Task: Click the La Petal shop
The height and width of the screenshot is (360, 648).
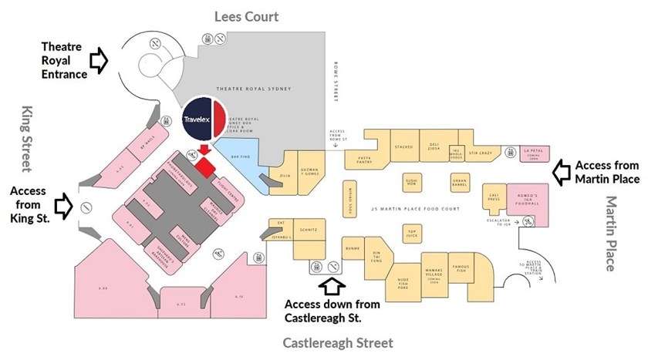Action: coord(529,153)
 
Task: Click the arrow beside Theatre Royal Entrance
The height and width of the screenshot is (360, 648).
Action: coord(100,59)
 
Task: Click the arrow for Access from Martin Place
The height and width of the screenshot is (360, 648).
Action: coord(562,170)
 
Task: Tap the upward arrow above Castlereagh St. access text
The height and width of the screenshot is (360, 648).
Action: coord(333,287)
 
